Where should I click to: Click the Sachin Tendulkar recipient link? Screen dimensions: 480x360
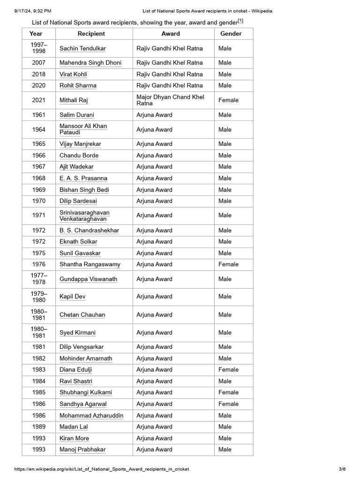pos(82,48)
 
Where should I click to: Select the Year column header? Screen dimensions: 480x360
pos(36,34)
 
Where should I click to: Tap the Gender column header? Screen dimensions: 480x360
pos(231,34)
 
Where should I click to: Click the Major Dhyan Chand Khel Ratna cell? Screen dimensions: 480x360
pos(170,100)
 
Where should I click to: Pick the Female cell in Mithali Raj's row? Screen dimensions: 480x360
pos(228,100)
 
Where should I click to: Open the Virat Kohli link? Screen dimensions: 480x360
pos(73,74)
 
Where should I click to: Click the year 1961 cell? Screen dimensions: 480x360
pos(39,115)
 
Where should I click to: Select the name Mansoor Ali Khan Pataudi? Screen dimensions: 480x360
pos(83,129)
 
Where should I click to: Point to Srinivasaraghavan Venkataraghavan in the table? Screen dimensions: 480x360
pos(84,216)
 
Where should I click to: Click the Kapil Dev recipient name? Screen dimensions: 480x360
pos(72,296)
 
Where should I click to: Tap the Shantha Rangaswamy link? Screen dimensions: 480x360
pos(90,264)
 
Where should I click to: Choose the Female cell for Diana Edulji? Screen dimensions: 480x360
pos(228,369)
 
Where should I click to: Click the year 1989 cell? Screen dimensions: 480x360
pos(39,427)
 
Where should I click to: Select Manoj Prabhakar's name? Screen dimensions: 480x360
pos(82,450)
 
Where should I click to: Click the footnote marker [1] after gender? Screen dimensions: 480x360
pos(240,21)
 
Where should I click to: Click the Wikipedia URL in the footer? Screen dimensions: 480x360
pos(102,469)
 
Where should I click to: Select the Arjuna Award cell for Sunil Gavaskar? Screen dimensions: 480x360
pos(154,253)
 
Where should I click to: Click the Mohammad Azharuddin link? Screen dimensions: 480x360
pos(91,415)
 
